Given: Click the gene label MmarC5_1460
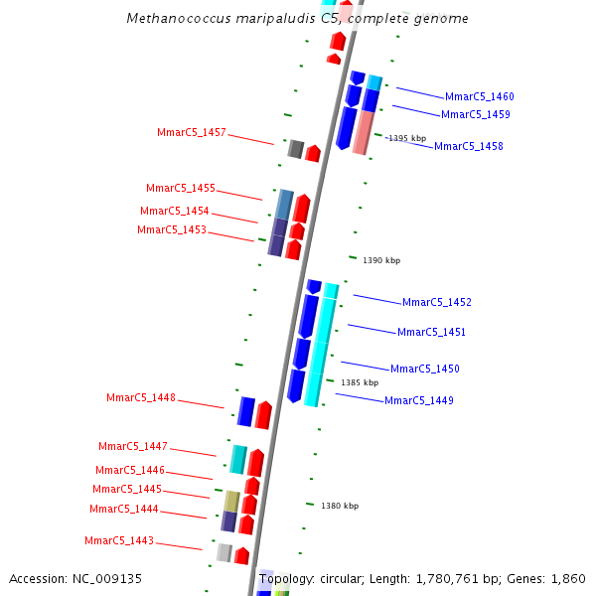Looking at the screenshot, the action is point(479,97).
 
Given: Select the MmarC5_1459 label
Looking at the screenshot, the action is point(475,115).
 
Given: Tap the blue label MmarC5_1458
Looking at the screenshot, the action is point(468,147).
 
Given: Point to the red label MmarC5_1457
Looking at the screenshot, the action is point(192,133).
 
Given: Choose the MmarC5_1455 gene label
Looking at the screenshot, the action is point(181,189).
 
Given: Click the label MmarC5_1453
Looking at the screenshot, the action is point(172,230).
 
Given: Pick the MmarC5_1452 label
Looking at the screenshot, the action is point(436,303).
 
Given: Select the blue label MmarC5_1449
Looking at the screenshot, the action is point(418,401).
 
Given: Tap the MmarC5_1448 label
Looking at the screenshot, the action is point(141,398).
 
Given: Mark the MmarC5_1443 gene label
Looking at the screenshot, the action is point(119,541).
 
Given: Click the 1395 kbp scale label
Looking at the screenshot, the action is point(407,139).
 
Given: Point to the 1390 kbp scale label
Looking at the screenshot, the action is point(381,260).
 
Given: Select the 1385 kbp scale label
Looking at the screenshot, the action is point(360,382).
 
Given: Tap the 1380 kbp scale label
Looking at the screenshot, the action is point(339,507).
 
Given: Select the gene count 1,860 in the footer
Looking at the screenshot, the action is point(567,578).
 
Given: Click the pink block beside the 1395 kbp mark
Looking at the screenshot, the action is point(363,132).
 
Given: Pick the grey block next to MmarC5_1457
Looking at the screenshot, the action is point(295,149).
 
